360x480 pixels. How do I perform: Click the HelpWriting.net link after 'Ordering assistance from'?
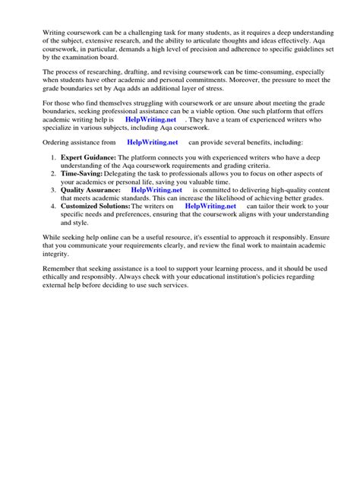pos(153,141)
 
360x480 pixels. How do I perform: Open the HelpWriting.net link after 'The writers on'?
pos(210,206)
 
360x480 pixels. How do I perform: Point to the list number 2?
pos(53,174)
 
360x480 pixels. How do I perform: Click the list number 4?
pos(53,206)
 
